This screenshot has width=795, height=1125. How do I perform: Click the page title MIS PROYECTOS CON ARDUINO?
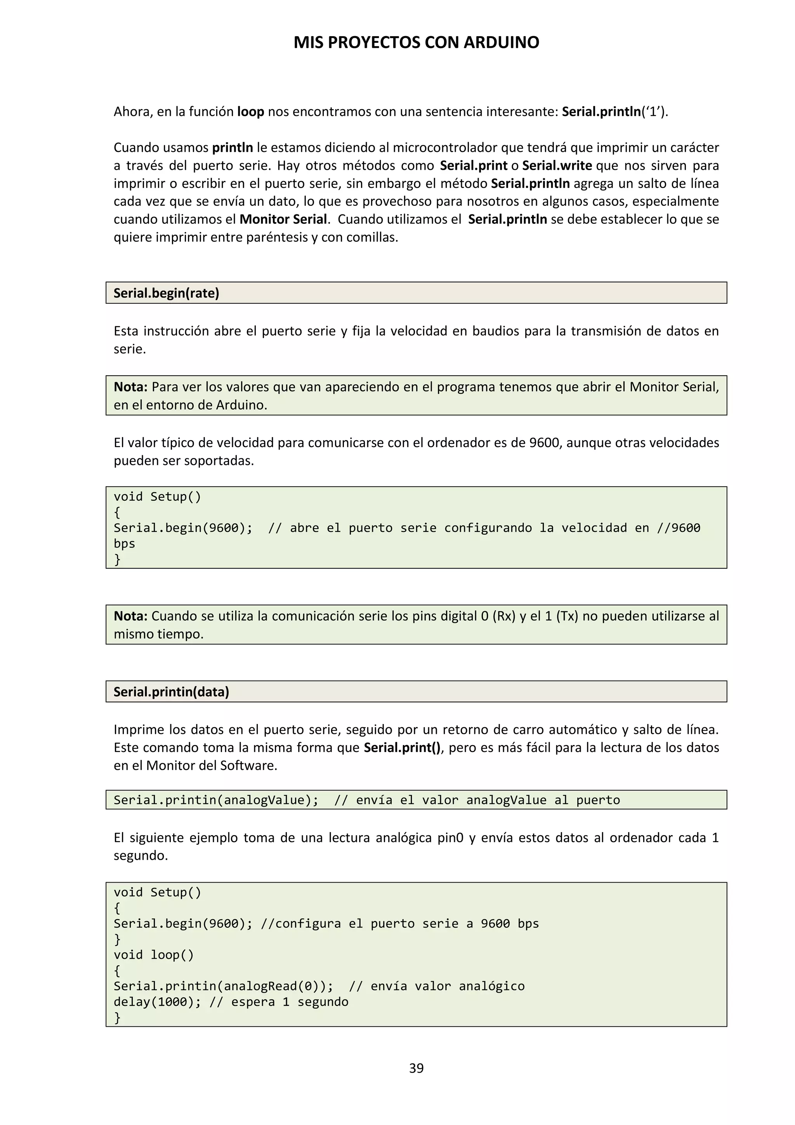(x=416, y=43)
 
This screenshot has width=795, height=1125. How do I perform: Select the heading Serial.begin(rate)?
(x=167, y=293)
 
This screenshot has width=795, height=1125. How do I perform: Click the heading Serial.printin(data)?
(x=171, y=692)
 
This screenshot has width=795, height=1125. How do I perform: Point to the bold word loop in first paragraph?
(x=251, y=112)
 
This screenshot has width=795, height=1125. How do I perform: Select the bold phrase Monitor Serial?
(x=283, y=219)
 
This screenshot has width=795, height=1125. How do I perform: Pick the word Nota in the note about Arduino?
(x=130, y=387)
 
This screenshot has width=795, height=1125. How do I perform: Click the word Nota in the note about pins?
(x=130, y=616)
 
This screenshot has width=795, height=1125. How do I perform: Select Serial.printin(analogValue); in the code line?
(x=216, y=800)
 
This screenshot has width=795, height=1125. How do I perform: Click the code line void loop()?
(x=154, y=955)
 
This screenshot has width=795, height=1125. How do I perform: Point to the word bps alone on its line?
(x=124, y=544)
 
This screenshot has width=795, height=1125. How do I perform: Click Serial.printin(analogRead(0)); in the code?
(x=223, y=986)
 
